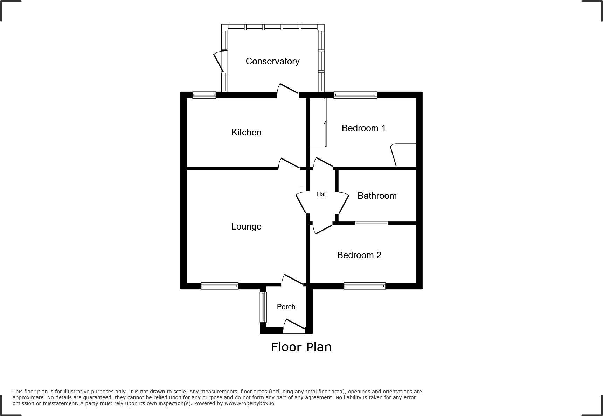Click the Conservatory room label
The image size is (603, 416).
coord(272,61)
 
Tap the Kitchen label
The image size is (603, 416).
coord(246,132)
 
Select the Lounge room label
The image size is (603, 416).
coord(246,226)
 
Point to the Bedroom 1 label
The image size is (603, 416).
coord(363,128)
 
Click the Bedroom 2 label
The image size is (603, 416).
coord(359,255)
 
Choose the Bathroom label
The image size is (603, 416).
coord(377,196)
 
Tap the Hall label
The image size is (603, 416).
coord(321,194)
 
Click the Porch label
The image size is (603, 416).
coord(286,307)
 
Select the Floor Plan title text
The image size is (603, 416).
coord(301,347)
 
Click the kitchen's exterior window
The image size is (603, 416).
coord(204,95)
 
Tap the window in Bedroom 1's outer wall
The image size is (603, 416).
coord(355,95)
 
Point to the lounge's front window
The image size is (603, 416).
coord(220,286)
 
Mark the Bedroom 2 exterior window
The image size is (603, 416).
coord(365,286)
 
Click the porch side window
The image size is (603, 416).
coord(263,307)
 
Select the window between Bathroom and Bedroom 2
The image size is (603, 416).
coord(372,223)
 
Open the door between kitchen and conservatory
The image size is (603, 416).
coord(288,90)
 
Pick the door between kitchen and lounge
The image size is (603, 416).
coord(289,164)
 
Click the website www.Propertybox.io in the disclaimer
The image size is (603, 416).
coord(249,403)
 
